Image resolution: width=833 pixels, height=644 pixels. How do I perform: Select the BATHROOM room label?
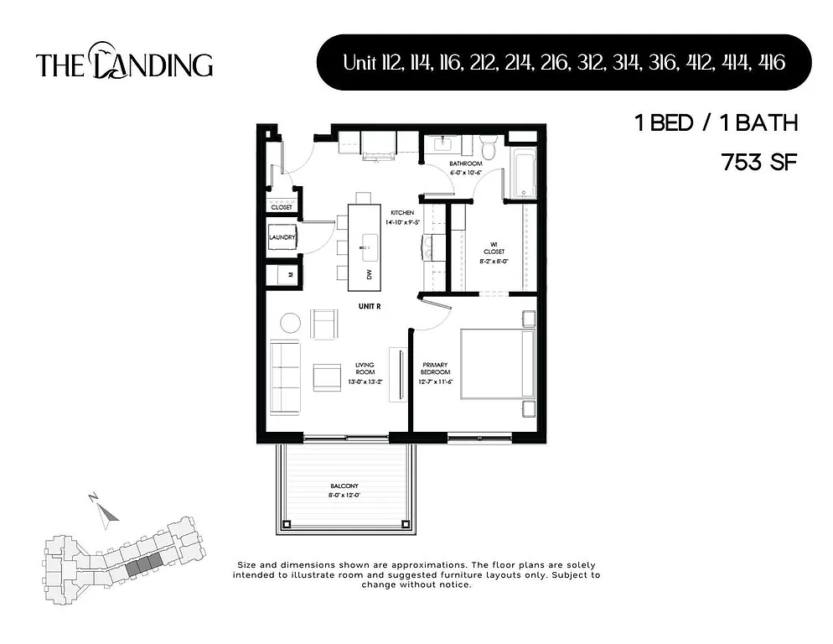pyautogui.click(x=465, y=164)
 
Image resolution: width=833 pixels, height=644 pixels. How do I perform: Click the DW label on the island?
pyautogui.click(x=369, y=274)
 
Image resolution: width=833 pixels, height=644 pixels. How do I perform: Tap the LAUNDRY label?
pyautogui.click(x=282, y=237)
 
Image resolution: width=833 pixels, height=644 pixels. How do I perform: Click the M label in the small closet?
pyautogui.click(x=290, y=274)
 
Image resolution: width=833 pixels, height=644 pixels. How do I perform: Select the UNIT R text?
pyautogui.click(x=369, y=306)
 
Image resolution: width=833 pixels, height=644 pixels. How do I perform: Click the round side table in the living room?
pyautogui.click(x=290, y=323)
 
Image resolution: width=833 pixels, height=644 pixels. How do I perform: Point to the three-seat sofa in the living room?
pyautogui.click(x=285, y=377)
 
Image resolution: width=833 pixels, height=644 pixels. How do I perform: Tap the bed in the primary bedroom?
pyautogui.click(x=495, y=365)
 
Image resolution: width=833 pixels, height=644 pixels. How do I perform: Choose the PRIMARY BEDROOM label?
pyautogui.click(x=435, y=369)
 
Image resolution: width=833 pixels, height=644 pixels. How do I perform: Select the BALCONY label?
pyautogui.click(x=344, y=486)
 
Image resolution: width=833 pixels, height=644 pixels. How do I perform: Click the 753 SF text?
pyautogui.click(x=759, y=163)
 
